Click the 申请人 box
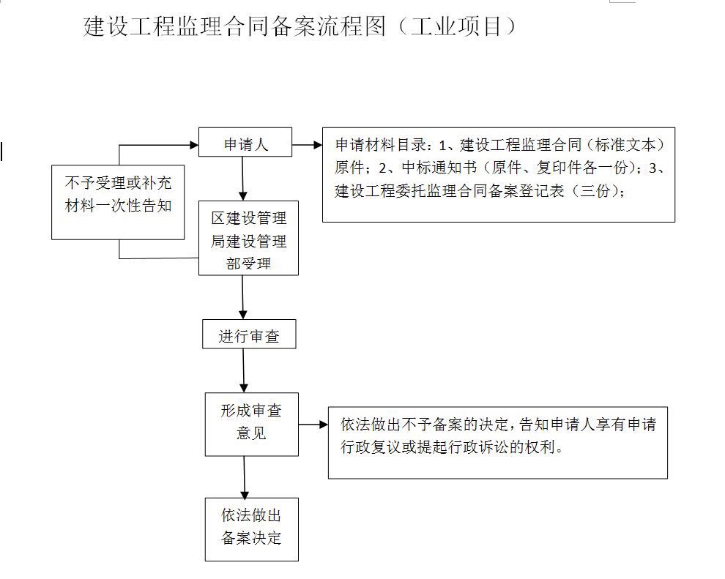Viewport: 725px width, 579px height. [245, 142]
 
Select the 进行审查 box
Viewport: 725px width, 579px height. [249, 334]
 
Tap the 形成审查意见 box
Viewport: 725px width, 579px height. [251, 425]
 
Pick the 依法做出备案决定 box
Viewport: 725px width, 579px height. [251, 529]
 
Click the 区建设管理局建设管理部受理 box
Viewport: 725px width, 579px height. [248, 238]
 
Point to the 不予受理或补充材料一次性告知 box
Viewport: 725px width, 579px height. [118, 202]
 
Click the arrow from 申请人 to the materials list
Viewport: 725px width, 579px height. [307, 145]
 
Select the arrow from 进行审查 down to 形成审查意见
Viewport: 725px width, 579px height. [244, 370]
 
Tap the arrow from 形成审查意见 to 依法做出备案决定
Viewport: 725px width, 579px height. [245, 477]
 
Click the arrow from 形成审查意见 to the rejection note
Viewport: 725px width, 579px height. [313, 425]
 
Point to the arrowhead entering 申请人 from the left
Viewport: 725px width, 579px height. [194, 145]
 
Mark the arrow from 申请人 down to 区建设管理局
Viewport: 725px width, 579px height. [242, 179]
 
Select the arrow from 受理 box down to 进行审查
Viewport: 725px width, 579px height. [242, 297]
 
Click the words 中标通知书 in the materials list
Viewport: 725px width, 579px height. [439, 168]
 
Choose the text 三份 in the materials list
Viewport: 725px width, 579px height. [595, 190]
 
